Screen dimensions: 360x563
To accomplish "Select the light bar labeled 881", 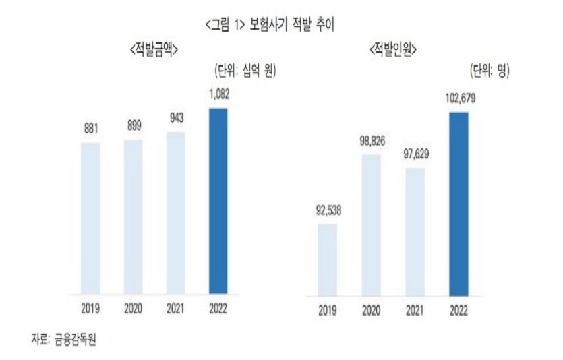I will (90, 218).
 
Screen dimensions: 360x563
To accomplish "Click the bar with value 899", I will (133, 217).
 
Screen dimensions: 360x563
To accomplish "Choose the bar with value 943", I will (175, 213).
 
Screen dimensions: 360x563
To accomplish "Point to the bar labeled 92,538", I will (328, 260).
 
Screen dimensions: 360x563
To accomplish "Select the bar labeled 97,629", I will (415, 231).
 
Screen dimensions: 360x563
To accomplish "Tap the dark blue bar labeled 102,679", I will (458, 204).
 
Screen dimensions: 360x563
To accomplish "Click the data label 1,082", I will (218, 96).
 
